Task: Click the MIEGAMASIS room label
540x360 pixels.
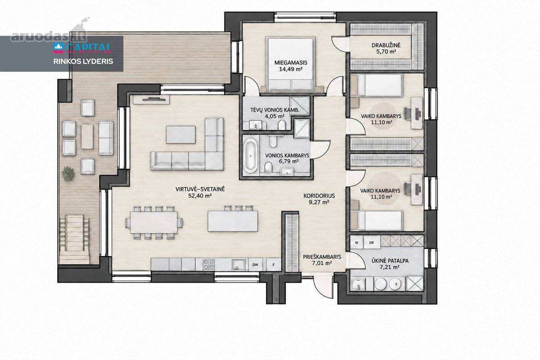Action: click(x=291, y=63)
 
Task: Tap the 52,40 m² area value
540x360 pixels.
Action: click(x=200, y=196)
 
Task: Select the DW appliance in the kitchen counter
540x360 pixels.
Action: click(x=255, y=265)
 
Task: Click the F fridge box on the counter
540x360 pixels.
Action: click(x=274, y=265)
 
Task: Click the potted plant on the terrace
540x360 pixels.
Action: click(x=68, y=173)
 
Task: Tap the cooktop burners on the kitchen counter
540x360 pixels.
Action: click(x=209, y=265)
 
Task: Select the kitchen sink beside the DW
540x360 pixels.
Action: click(x=238, y=265)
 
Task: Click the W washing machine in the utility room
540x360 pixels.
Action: click(x=356, y=243)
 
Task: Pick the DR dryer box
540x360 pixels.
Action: click(x=372, y=243)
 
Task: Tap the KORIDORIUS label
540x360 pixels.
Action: click(x=319, y=196)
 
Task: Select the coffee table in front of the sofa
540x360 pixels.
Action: click(x=180, y=135)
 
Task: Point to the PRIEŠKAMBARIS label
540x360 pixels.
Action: click(x=322, y=257)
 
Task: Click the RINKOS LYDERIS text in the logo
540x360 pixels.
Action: click(x=83, y=61)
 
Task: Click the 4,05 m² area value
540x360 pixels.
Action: click(x=274, y=116)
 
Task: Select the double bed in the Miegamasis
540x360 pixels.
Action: click(x=291, y=64)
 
